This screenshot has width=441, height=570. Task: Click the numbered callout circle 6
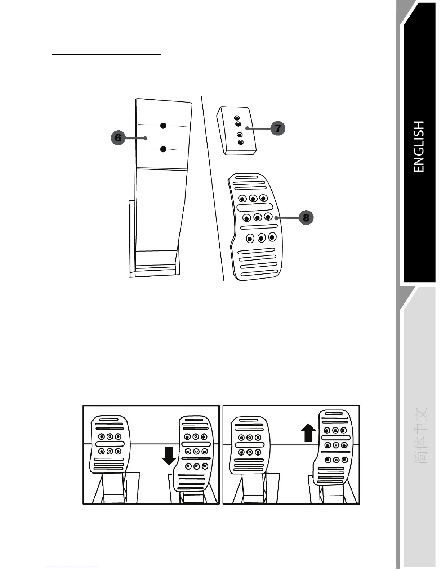(118, 138)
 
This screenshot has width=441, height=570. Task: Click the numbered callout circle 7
(278, 128)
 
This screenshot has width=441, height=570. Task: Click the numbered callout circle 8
(306, 218)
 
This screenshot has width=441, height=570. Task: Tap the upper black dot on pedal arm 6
(163, 126)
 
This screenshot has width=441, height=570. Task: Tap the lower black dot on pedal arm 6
(163, 149)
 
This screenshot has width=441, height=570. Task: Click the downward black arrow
(169, 456)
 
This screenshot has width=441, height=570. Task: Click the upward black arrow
(308, 432)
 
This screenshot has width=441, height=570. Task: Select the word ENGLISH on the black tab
(419, 146)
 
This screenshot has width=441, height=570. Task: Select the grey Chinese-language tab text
(420, 435)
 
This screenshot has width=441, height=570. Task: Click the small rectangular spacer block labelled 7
(236, 131)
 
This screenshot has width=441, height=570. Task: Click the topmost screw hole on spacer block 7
(237, 118)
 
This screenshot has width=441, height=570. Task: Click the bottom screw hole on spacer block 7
(241, 142)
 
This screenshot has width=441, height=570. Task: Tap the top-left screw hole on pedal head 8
(243, 199)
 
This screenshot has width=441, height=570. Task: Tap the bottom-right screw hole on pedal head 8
(272, 237)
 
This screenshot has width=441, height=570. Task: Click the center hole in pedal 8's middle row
(257, 217)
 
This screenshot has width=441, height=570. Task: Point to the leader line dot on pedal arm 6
(145, 138)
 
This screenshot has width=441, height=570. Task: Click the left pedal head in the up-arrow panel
(249, 445)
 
